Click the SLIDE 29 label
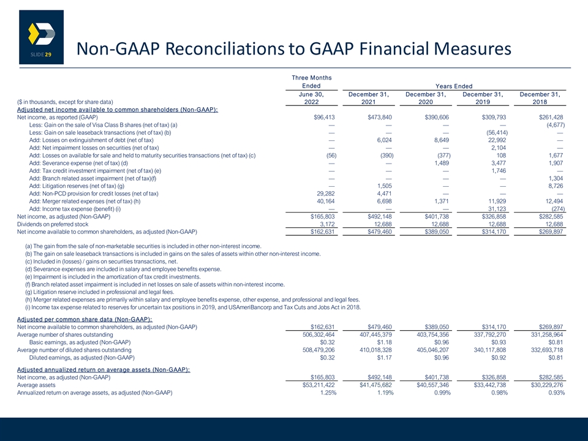[41, 55]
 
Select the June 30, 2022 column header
[311, 98]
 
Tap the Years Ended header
[454, 86]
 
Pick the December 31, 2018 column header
[540, 98]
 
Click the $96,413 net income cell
[324, 118]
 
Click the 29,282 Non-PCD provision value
[325, 194]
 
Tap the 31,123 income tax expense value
[497, 209]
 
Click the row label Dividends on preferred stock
[53, 224]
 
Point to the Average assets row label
[36, 385]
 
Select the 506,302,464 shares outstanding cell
[318, 335]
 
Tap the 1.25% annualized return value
[328, 393]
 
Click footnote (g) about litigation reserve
[100, 292]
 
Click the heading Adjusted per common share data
[85, 320]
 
